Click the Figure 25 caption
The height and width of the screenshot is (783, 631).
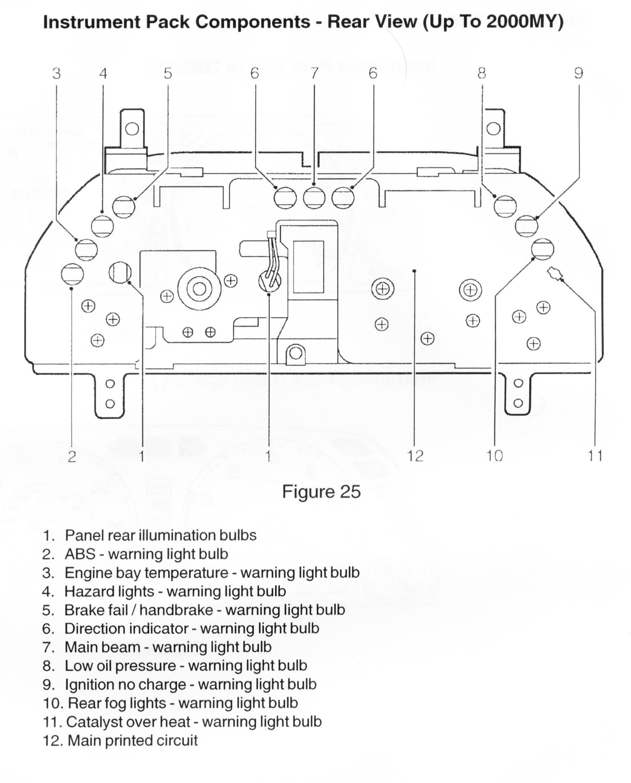tap(321, 491)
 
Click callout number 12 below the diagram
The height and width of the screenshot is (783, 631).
tap(416, 455)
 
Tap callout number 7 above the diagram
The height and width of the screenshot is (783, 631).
tap(314, 73)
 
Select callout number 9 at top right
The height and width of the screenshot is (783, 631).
tap(578, 73)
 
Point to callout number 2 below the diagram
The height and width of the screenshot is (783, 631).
tap(72, 456)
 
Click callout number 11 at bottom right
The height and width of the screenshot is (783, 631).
tap(595, 455)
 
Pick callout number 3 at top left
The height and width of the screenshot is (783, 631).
tap(56, 73)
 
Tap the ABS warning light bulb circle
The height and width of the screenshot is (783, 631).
tap(72, 275)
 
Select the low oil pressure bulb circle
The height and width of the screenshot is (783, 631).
tap(505, 206)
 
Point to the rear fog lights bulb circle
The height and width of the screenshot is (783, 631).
tap(543, 249)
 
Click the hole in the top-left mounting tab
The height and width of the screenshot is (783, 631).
tap(132, 129)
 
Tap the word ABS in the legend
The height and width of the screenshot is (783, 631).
tap(80, 554)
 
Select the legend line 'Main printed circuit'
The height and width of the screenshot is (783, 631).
tap(132, 740)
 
